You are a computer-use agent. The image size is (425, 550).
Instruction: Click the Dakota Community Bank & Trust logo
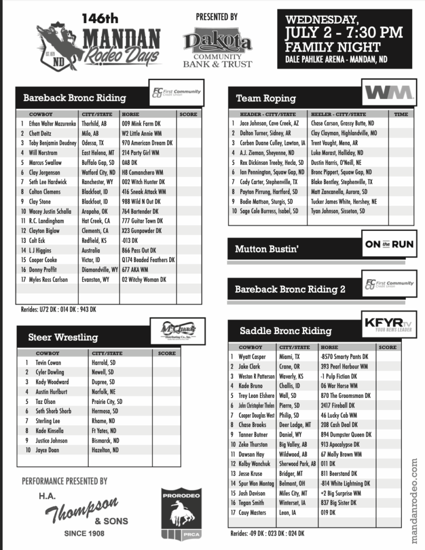217,47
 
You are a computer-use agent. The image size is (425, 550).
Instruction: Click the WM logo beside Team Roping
390,93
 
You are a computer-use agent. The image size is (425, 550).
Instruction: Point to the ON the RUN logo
390,244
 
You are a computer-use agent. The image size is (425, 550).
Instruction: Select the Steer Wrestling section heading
63,337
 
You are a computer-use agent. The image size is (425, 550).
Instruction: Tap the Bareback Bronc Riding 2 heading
290,289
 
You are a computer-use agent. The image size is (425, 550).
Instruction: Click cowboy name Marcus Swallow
45,162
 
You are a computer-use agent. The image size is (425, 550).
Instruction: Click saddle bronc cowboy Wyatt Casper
252,357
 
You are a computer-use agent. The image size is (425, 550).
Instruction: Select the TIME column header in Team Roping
401,114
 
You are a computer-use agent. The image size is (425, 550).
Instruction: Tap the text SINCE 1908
84,533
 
